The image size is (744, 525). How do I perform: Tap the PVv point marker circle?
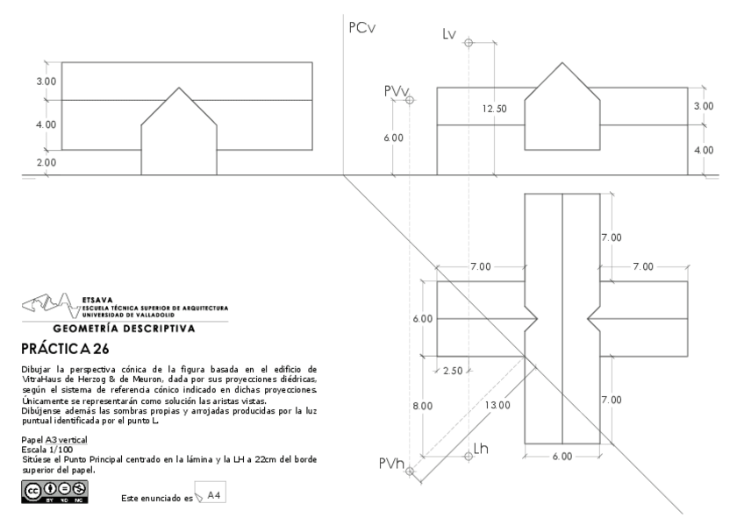tap(409, 100)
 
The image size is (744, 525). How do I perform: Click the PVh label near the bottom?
tap(391, 465)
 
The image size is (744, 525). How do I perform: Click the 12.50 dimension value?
tap(495, 109)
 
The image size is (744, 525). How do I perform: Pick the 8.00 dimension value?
tap(423, 406)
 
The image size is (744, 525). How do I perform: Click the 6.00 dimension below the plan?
tap(562, 457)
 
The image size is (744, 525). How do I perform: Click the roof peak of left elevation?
tap(179, 88)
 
